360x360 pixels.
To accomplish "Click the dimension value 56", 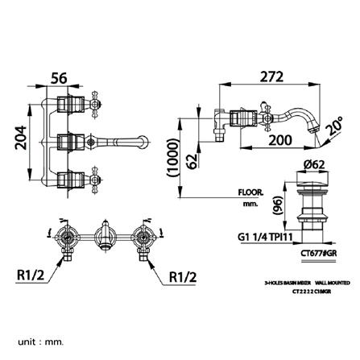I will pos(59,78).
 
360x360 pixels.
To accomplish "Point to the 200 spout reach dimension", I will pos(279,140).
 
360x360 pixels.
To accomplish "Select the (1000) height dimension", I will pos(171,158).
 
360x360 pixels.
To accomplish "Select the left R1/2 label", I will pos(31,275).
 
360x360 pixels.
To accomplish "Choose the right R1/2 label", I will pos(184,276).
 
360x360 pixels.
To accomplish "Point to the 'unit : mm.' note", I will pos(40,341).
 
